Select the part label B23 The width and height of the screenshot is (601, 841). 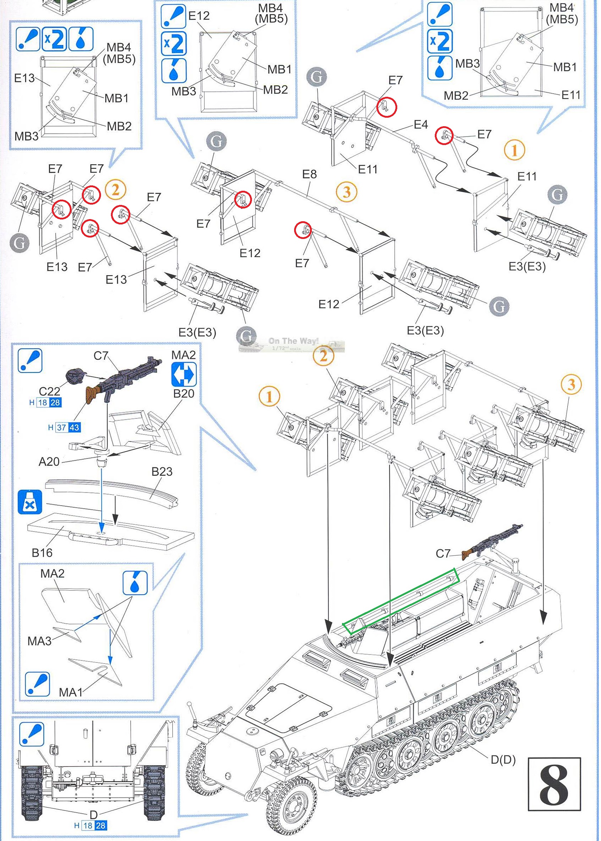tap(162, 472)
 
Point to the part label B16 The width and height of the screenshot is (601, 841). tap(42, 553)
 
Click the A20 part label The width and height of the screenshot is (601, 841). tap(49, 461)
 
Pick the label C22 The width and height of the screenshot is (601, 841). tap(49, 391)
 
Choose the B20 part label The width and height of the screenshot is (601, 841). tap(184, 394)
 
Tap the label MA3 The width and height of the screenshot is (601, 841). tap(40, 641)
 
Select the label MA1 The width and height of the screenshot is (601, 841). tap(71, 692)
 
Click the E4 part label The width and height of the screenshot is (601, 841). tap(420, 124)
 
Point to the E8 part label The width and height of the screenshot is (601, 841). tap(309, 174)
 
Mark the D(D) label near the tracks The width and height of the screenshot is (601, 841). tap(503, 759)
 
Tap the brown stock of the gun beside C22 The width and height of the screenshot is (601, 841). tap(94, 394)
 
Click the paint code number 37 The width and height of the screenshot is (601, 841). tap(61, 428)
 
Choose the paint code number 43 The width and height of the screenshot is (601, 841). tap(74, 428)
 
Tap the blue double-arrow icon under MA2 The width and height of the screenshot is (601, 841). tap(184, 375)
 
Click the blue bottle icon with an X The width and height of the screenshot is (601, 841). tap(30, 502)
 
